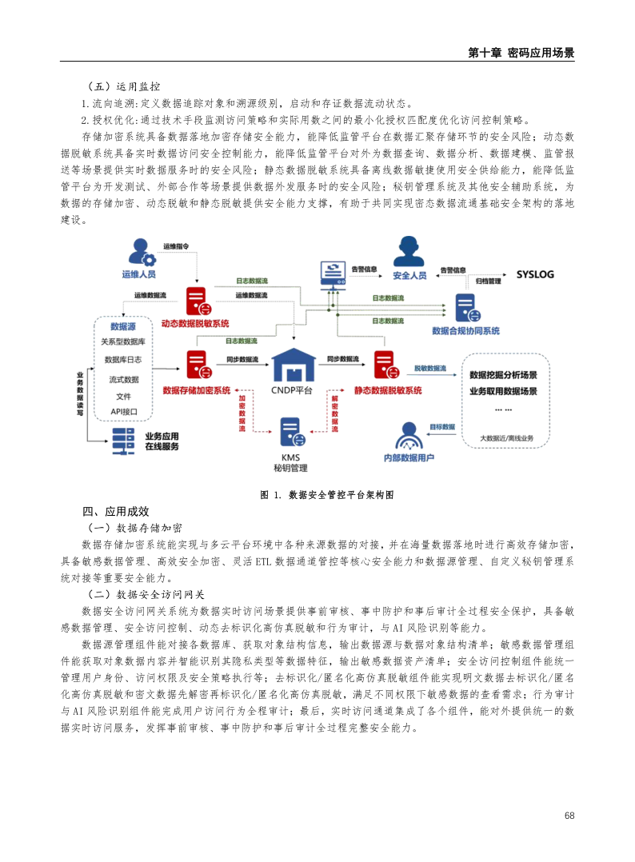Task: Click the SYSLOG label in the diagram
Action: coord(535,274)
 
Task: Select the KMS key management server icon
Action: coord(291,433)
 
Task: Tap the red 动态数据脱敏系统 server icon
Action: coord(195,301)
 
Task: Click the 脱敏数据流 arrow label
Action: coord(430,369)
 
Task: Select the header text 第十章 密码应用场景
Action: coord(521,53)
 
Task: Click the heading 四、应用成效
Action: coord(116,512)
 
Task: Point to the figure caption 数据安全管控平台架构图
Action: coord(341,495)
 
